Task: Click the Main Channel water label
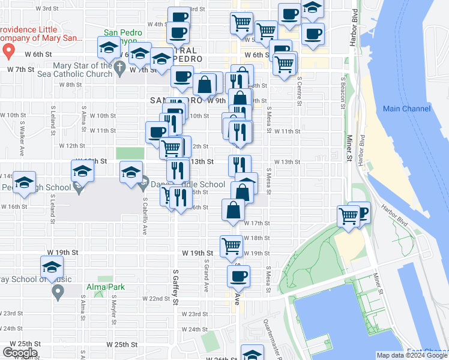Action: (407, 109)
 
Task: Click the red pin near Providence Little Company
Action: (9, 51)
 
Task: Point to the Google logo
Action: (20, 353)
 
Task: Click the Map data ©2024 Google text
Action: (411, 355)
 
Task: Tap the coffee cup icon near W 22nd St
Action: (238, 277)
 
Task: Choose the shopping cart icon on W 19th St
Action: (231, 245)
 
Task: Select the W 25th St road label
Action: (122, 344)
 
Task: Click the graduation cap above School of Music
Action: (52, 266)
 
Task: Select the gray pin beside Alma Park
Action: (58, 292)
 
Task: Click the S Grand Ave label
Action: (206, 275)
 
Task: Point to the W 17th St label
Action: (257, 223)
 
